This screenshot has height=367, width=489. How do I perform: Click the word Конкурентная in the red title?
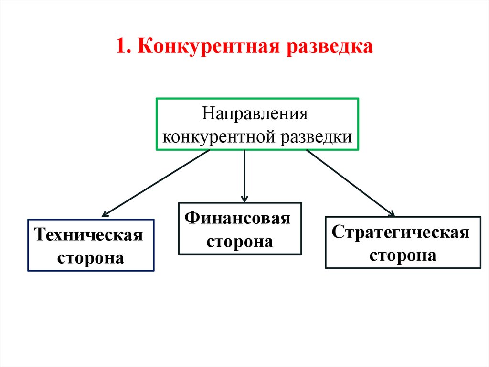pyautogui.click(x=208, y=47)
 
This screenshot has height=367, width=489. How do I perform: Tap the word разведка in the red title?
pyautogui.click(x=329, y=47)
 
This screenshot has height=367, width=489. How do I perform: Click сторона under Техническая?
pyautogui.click(x=90, y=258)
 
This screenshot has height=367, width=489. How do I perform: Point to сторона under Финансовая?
pyautogui.click(x=239, y=241)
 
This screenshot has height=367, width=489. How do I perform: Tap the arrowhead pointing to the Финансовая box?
pyautogui.click(x=244, y=198)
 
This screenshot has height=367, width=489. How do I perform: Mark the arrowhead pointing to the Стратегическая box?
pyautogui.click(x=392, y=214)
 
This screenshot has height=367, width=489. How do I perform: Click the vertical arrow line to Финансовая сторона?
pyautogui.click(x=244, y=172)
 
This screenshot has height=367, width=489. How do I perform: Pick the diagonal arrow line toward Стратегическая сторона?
pyautogui.click(x=349, y=182)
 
